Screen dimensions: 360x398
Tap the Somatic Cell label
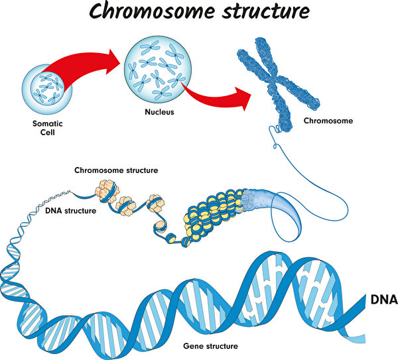point(47,127)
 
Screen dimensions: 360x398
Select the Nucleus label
point(159,112)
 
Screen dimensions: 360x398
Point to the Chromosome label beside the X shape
point(328,121)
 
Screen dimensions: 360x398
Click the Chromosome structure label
point(116,170)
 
